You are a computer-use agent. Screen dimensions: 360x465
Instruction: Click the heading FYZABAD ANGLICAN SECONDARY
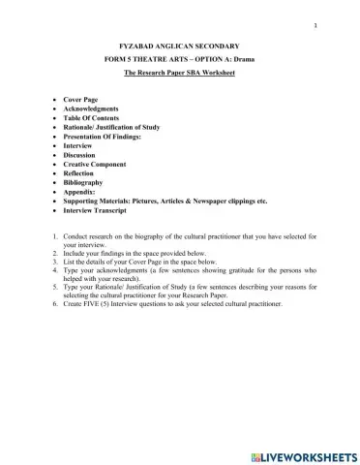(179, 46)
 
